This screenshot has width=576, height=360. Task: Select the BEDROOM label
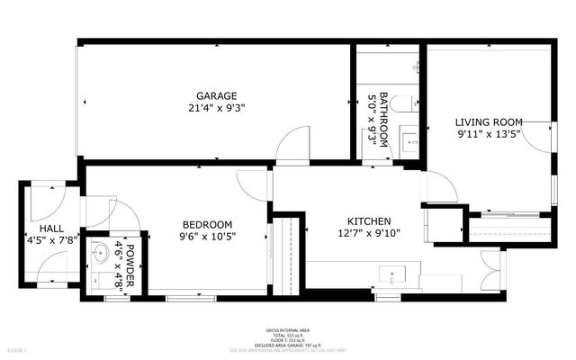point(207,225)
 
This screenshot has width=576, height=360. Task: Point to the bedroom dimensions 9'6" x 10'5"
point(207,238)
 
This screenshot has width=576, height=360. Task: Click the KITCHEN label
point(369,221)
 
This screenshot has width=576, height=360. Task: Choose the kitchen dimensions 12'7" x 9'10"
point(369,234)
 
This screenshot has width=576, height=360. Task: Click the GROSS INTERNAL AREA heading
point(287,330)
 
